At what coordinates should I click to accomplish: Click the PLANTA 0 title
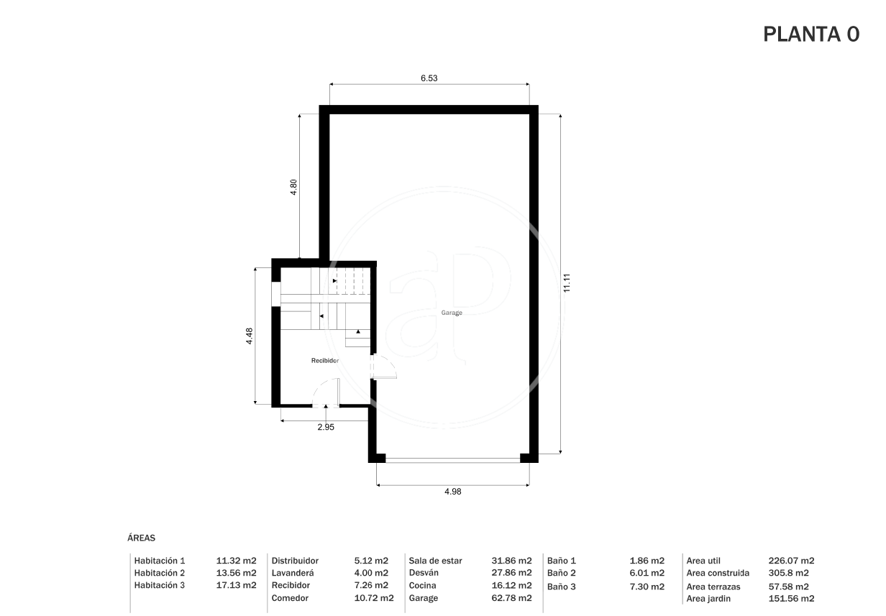click(x=811, y=34)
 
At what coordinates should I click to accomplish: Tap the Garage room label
click(x=452, y=313)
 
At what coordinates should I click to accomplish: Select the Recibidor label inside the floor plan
click(x=325, y=361)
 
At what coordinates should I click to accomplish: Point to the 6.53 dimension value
click(x=429, y=78)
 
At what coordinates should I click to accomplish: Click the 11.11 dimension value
click(x=567, y=283)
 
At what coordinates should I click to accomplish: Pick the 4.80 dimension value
click(x=293, y=187)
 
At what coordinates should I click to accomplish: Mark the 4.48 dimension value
click(x=249, y=336)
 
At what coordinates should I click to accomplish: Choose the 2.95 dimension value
click(x=326, y=427)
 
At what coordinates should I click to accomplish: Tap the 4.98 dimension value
click(x=453, y=492)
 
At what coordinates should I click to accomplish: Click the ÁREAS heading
click(x=141, y=538)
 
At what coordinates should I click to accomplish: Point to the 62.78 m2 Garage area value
click(x=511, y=598)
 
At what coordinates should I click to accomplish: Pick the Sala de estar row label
click(x=435, y=561)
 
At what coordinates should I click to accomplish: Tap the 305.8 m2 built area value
click(x=788, y=573)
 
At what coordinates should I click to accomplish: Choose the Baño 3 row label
click(x=561, y=587)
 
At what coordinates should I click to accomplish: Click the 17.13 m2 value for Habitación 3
click(x=236, y=585)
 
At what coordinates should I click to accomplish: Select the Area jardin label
click(x=708, y=599)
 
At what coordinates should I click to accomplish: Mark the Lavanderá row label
click(x=292, y=573)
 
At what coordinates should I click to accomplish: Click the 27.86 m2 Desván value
click(x=511, y=572)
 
